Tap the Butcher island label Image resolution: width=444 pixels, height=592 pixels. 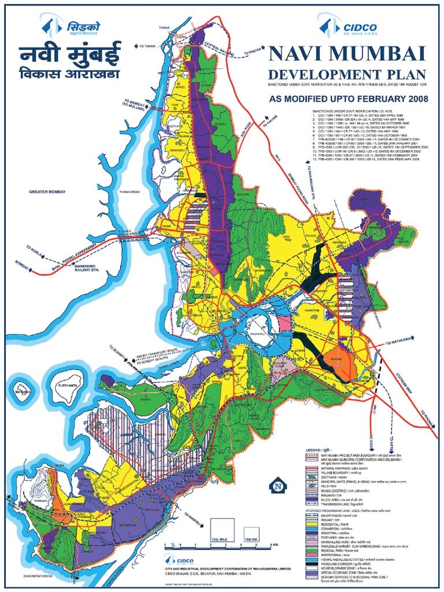tap(23, 391)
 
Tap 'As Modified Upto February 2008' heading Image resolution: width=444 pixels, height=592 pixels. tap(348, 99)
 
